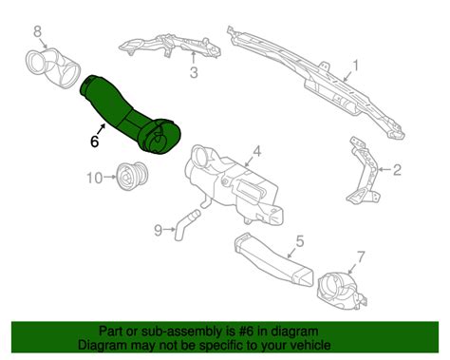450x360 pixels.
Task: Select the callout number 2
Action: (x=398, y=172)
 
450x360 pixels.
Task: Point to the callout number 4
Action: (x=255, y=151)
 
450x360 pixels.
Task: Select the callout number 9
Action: (x=158, y=229)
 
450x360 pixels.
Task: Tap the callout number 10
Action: (x=94, y=178)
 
